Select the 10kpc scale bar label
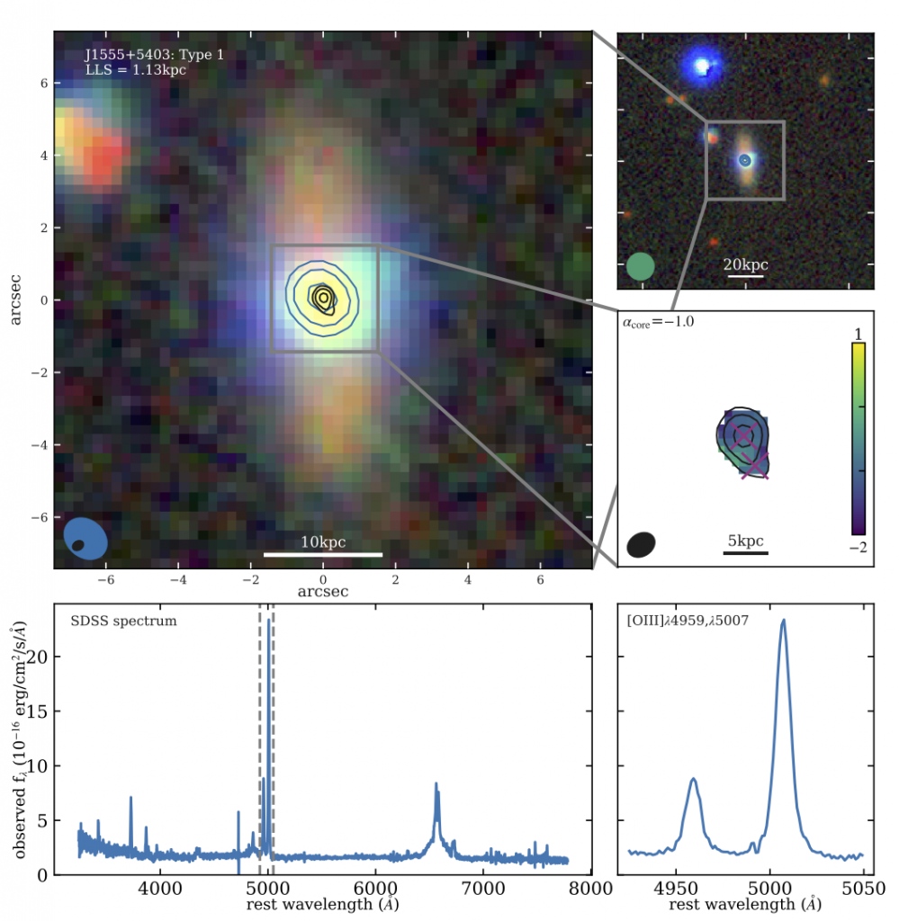click(323, 542)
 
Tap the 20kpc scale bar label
click(746, 265)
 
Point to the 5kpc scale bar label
click(745, 541)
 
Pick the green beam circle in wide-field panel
click(640, 266)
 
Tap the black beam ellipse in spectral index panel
click(641, 544)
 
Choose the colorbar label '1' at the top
click(859, 334)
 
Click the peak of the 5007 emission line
click(784, 620)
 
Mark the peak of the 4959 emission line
click(693, 779)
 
